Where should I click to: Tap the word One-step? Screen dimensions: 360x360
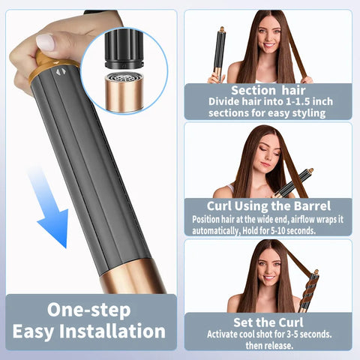tap(89, 309)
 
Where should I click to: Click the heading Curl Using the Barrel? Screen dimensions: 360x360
tap(268, 206)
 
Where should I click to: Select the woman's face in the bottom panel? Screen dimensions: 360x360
tap(267, 266)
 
